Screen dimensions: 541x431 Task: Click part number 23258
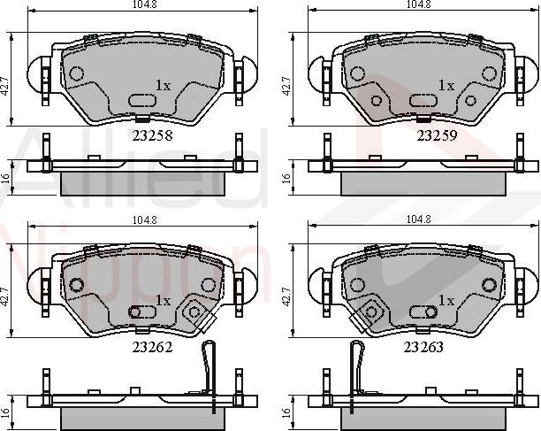[x=152, y=135]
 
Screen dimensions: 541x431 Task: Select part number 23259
[x=437, y=135]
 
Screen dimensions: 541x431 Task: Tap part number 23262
[x=152, y=347]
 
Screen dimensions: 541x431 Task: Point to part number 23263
[x=423, y=347]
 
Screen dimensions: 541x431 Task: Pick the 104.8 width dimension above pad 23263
[x=418, y=219]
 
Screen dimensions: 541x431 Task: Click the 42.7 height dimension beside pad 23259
[x=286, y=86]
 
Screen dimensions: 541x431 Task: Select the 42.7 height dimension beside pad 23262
[x=5, y=296]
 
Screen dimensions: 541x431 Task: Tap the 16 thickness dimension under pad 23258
[x=5, y=178]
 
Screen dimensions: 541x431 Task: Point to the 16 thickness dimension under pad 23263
[x=286, y=412]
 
